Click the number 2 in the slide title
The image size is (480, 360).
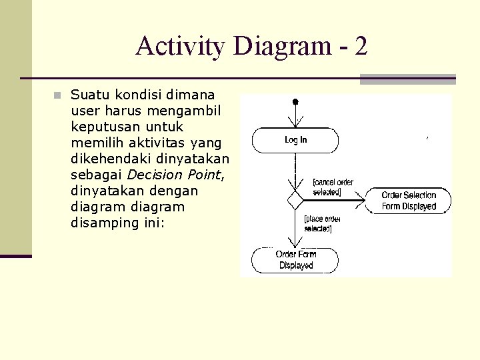pyautogui.click(x=361, y=46)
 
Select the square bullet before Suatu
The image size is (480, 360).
pyautogui.click(x=58, y=95)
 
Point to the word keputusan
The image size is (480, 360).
pyautogui.click(x=108, y=127)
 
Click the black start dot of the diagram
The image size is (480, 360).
pyautogui.click(x=295, y=102)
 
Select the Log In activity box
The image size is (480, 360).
pyautogui.click(x=295, y=140)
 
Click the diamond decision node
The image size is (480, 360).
pyautogui.click(x=295, y=200)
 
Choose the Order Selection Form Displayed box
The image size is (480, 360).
pyautogui.click(x=408, y=201)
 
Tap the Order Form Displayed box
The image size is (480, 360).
pyautogui.click(x=295, y=260)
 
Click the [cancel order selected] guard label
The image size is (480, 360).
pyautogui.click(x=333, y=187)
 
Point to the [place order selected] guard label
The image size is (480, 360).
pyautogui.click(x=321, y=223)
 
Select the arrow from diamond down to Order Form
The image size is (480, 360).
pyautogui.click(x=295, y=230)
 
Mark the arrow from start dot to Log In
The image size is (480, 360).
pyautogui.click(x=295, y=116)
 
